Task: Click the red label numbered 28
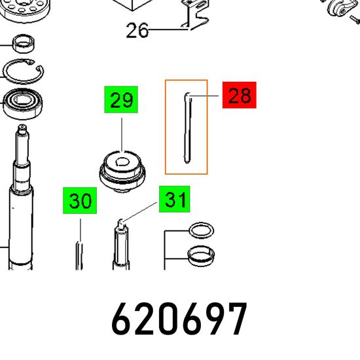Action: (239, 95)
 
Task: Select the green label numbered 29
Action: (121, 99)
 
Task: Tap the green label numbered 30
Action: (80, 200)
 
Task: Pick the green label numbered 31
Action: (175, 199)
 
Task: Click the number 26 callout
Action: (137, 30)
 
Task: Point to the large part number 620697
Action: (179, 319)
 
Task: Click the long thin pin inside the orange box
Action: (187, 128)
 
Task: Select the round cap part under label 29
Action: (122, 171)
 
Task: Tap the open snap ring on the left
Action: (24, 71)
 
